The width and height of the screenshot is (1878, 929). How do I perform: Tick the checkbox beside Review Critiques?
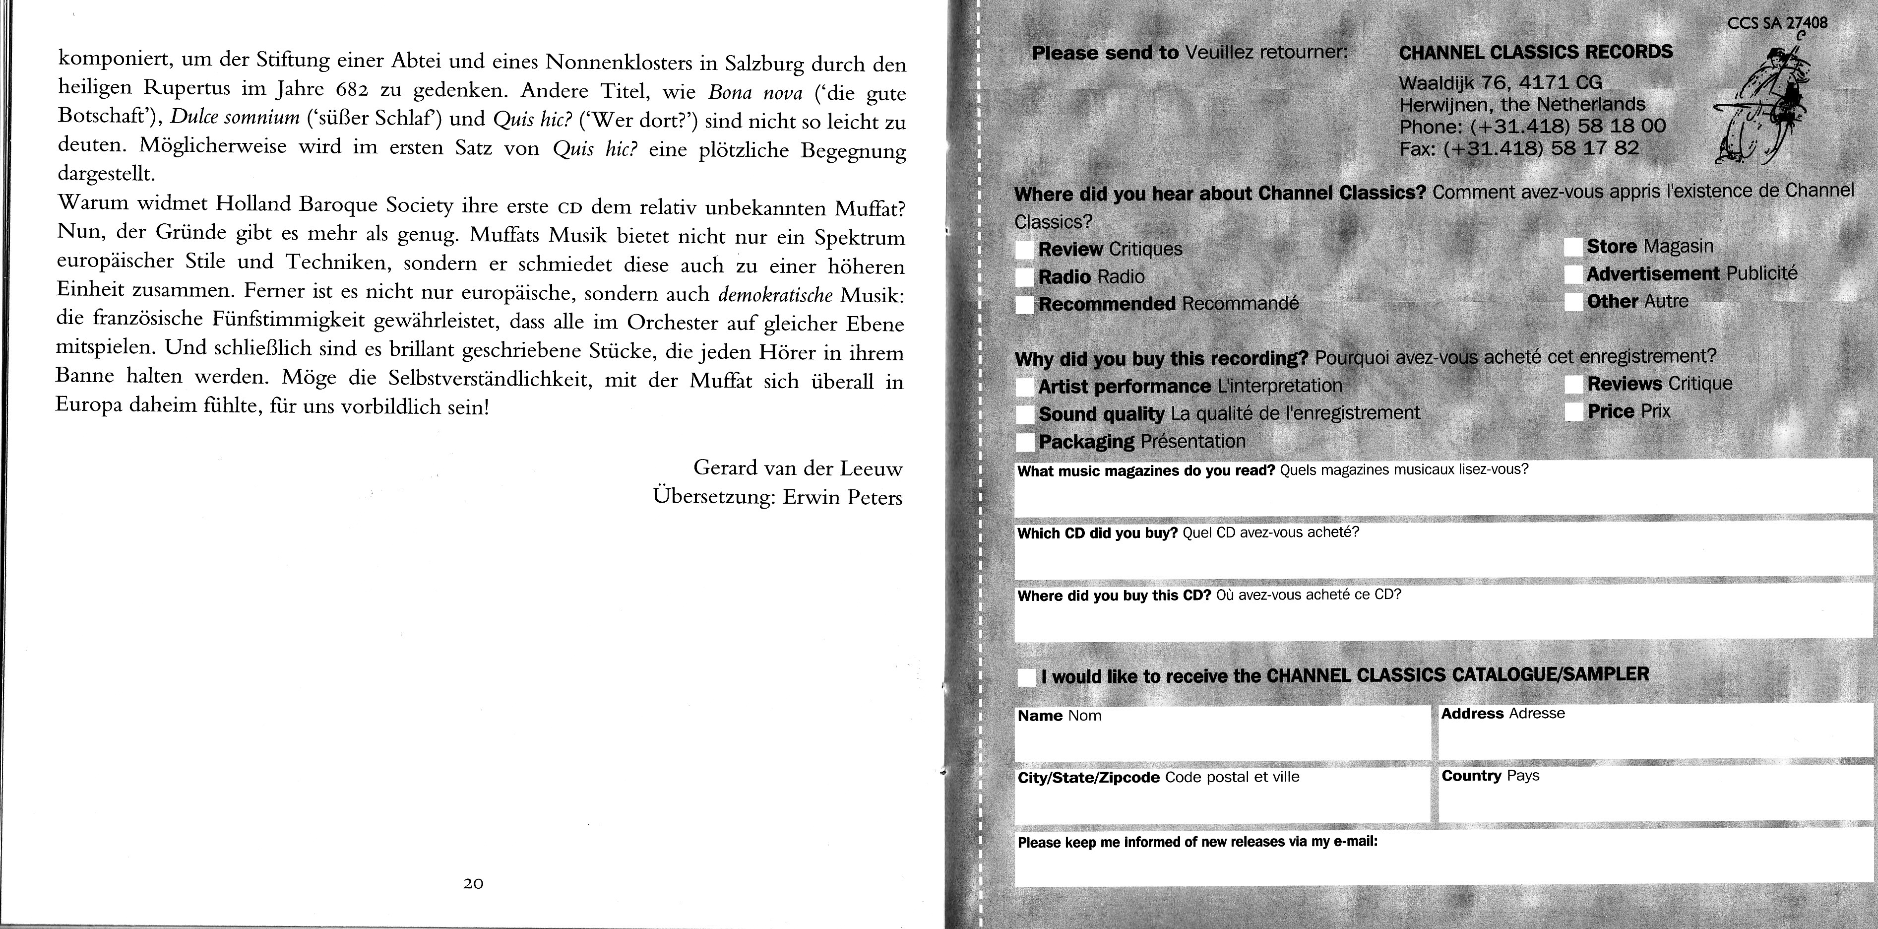1024,250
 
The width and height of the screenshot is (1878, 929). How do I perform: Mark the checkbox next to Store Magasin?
1573,247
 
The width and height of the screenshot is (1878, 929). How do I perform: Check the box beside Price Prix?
1575,412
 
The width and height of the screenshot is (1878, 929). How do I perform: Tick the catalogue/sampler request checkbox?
1026,677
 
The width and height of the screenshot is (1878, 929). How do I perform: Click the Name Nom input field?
1222,739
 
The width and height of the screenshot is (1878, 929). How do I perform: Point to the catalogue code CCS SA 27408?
1777,23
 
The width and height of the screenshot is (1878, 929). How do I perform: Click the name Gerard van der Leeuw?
798,467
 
